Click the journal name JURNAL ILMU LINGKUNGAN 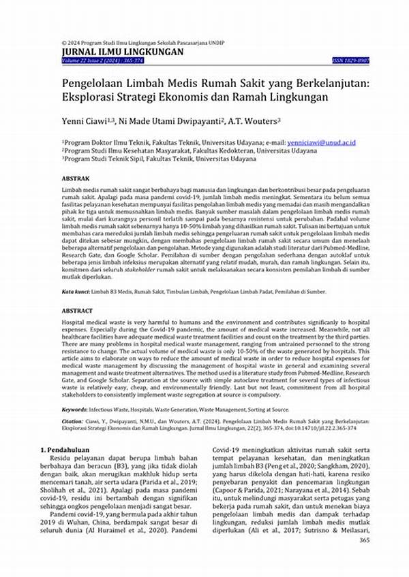coord(122,51)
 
